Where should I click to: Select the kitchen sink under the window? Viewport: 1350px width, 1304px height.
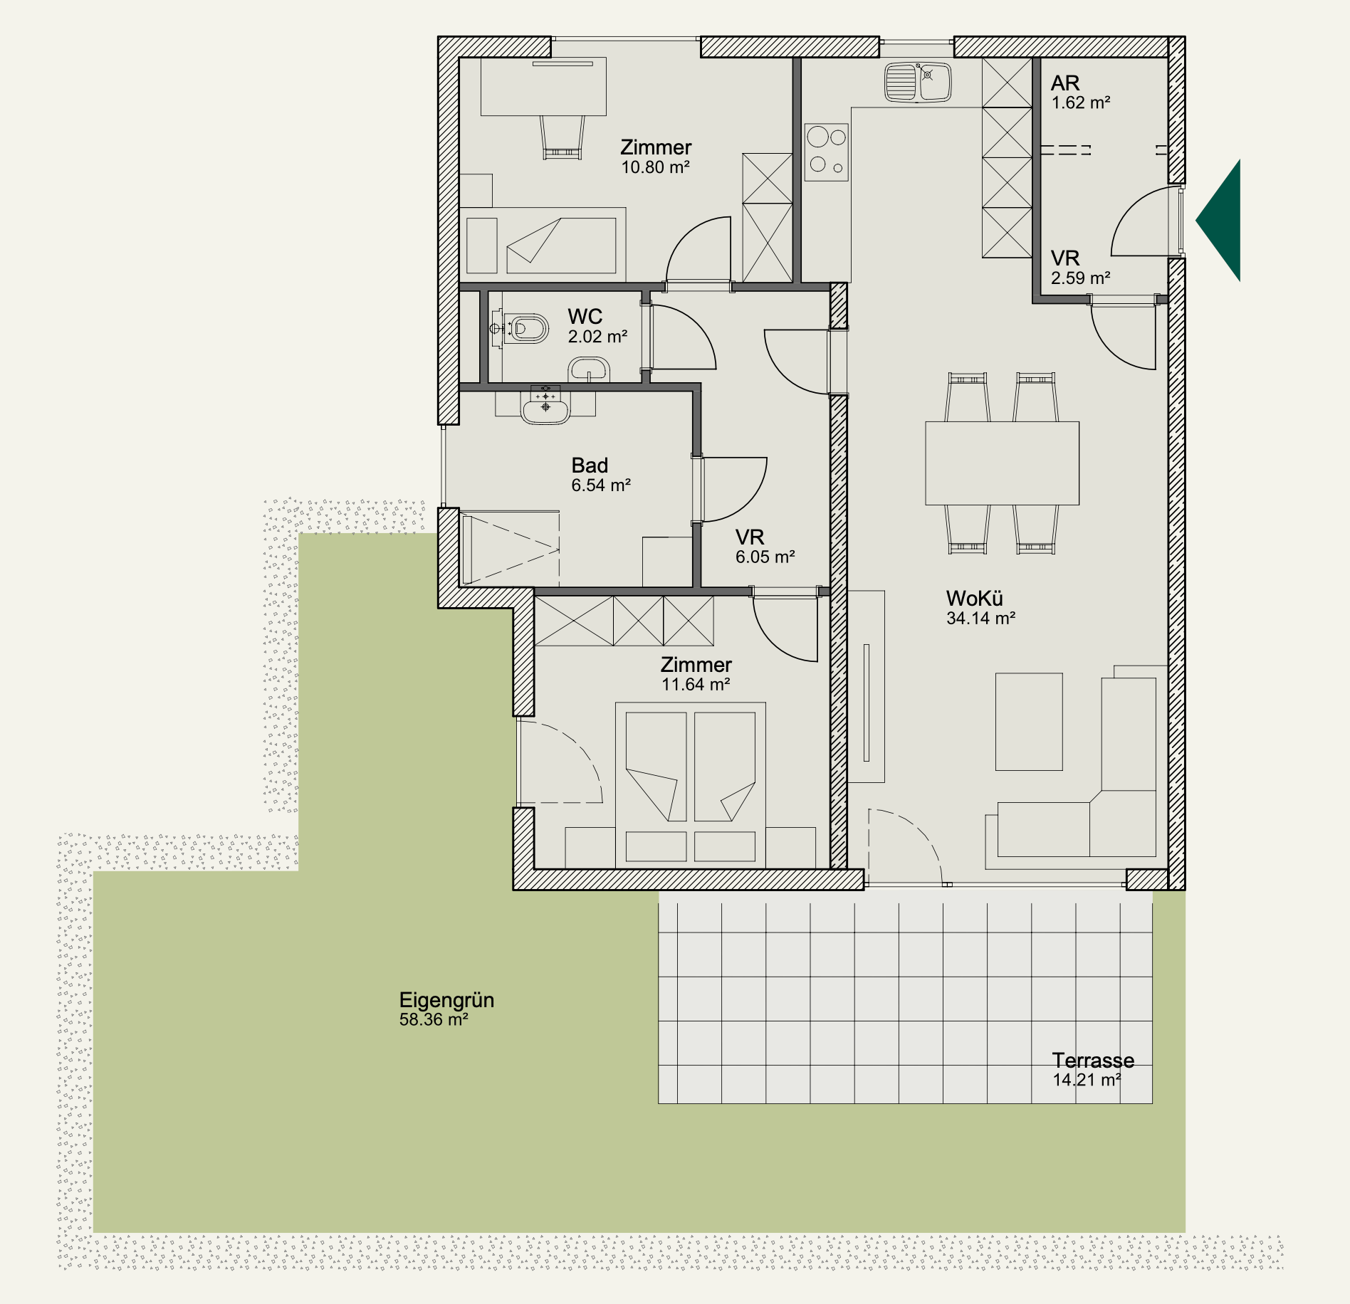(918, 82)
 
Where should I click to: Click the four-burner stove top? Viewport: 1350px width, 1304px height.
(827, 152)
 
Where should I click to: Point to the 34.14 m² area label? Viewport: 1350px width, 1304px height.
(980, 619)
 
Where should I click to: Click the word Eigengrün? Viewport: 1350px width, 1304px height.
(446, 1000)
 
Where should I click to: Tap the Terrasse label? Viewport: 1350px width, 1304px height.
(1093, 1061)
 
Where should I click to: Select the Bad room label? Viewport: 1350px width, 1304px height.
(590, 466)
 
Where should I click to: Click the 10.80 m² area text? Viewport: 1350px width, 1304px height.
(655, 167)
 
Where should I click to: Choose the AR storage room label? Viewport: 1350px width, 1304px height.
(1065, 83)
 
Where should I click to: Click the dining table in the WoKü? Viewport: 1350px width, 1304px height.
(1002, 463)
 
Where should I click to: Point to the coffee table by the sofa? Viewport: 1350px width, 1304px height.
(1029, 722)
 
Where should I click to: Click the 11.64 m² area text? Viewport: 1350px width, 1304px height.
(696, 685)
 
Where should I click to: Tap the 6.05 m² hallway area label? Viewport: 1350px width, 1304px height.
(765, 557)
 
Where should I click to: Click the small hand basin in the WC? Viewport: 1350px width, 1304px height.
(589, 370)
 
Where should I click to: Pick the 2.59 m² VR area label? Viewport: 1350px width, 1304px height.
(1081, 278)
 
